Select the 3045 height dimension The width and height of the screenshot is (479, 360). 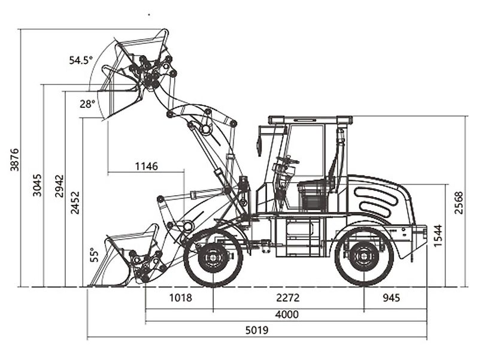click(x=37, y=186)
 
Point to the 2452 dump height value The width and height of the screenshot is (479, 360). click(x=75, y=203)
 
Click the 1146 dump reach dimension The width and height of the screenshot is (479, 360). click(x=146, y=166)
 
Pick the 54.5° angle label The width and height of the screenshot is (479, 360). click(x=80, y=60)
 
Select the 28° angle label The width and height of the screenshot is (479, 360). click(x=87, y=104)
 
